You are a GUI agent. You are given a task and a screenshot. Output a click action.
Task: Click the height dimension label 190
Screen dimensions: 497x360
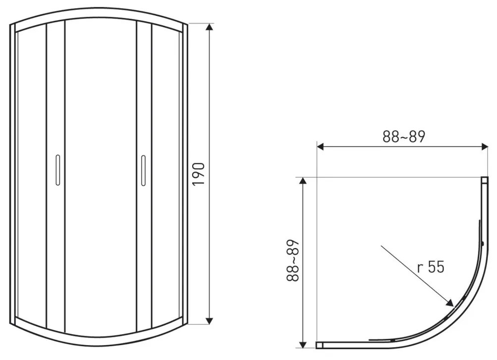click(x=199, y=174)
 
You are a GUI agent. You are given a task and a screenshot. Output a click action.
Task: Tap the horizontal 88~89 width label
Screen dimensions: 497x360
click(x=403, y=137)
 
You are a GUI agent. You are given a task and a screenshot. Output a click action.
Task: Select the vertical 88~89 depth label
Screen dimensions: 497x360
click(x=293, y=260)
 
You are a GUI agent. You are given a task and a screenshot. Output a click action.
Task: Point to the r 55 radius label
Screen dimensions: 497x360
click(x=431, y=266)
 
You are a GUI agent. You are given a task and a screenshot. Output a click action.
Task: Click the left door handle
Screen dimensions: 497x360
click(x=57, y=170)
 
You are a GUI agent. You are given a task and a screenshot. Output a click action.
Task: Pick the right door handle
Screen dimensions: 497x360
click(x=143, y=170)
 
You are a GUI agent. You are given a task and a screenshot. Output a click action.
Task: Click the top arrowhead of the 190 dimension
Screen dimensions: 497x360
click(x=209, y=27)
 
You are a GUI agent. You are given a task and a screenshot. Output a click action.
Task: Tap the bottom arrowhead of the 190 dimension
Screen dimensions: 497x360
click(x=209, y=321)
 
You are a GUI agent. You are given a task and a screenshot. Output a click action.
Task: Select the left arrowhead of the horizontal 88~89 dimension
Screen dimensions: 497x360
click(x=320, y=146)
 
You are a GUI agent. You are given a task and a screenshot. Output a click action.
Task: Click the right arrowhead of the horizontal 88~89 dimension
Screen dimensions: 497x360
click(x=485, y=146)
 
